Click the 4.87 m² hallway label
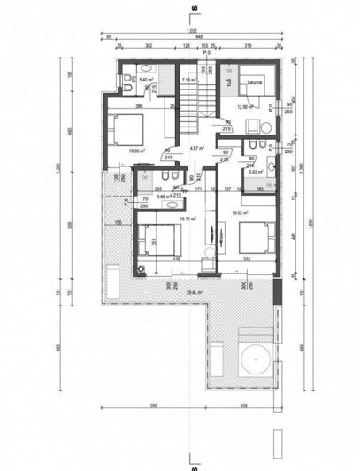tap(196, 149)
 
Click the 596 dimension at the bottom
tap(152, 405)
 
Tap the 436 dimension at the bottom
tap(244, 405)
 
